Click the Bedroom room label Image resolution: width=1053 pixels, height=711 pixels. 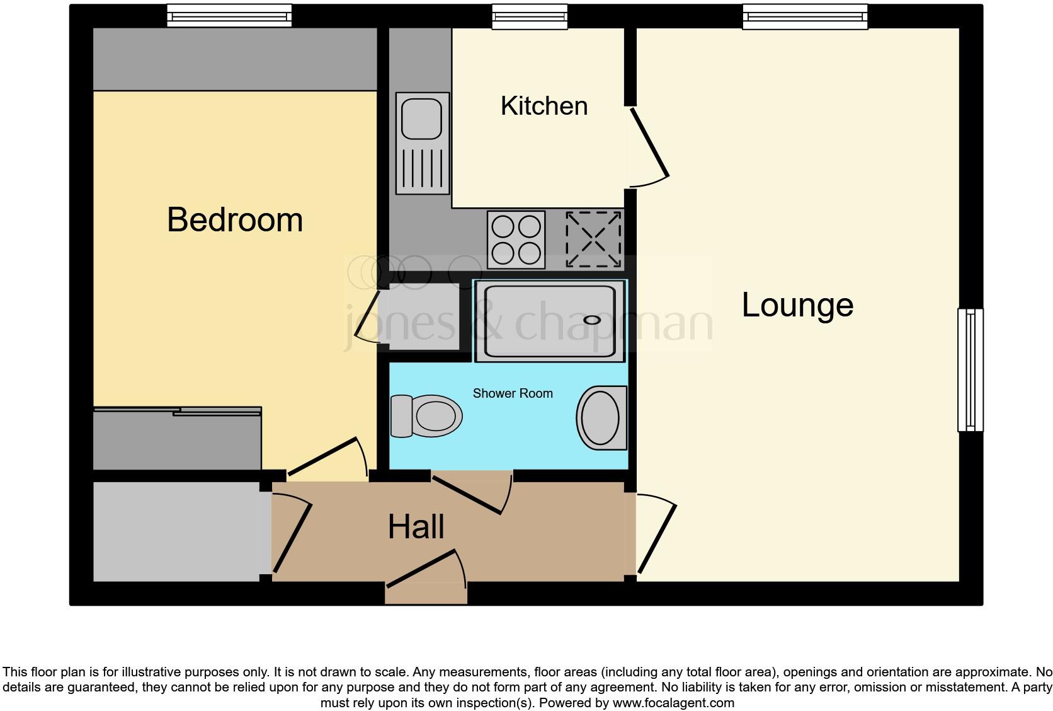pos(235,220)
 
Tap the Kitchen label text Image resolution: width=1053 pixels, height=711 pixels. pos(544,106)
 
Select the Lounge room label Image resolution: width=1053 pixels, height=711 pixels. pos(797,305)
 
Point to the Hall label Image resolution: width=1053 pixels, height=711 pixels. pos(416,527)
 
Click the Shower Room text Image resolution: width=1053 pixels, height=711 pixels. pos(513,393)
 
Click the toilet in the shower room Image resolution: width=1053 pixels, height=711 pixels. pos(426,416)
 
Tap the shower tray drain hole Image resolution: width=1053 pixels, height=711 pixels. pos(592,320)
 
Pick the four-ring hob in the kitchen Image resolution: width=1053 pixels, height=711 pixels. pos(516,240)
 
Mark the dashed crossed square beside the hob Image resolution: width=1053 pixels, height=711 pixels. pos(593,240)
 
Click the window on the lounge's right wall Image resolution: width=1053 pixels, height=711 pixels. pos(970,369)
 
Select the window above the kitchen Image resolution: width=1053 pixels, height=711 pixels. pos(529,16)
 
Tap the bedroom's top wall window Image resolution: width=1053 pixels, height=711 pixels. pos(229,15)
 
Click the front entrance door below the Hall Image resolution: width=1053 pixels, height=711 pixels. pos(426,574)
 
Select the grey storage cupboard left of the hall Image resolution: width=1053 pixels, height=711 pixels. pos(176,531)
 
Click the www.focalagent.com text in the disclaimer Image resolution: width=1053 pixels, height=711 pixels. pos(673,703)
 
